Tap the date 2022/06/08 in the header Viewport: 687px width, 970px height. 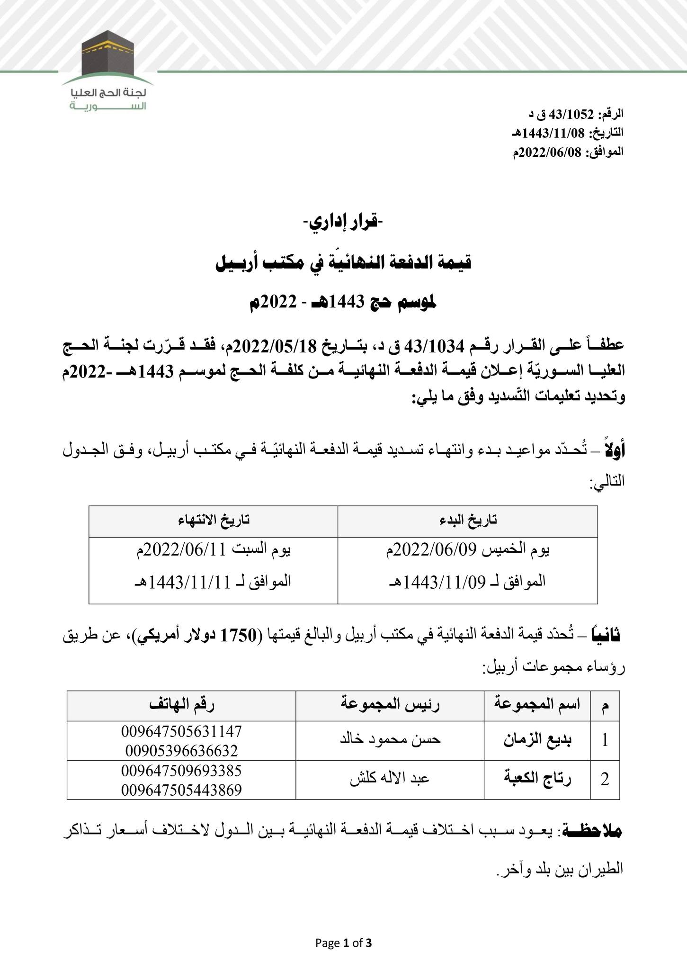(551, 152)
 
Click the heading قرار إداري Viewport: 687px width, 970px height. (343, 222)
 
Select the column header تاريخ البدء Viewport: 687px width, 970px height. (467, 520)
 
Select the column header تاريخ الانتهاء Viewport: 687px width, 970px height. (214, 520)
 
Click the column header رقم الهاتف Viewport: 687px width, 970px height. (182, 705)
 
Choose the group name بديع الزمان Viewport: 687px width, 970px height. (537, 741)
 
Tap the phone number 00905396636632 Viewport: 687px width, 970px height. (182, 751)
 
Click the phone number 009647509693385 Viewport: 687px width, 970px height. (182, 771)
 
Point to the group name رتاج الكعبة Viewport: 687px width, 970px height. (537, 780)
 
